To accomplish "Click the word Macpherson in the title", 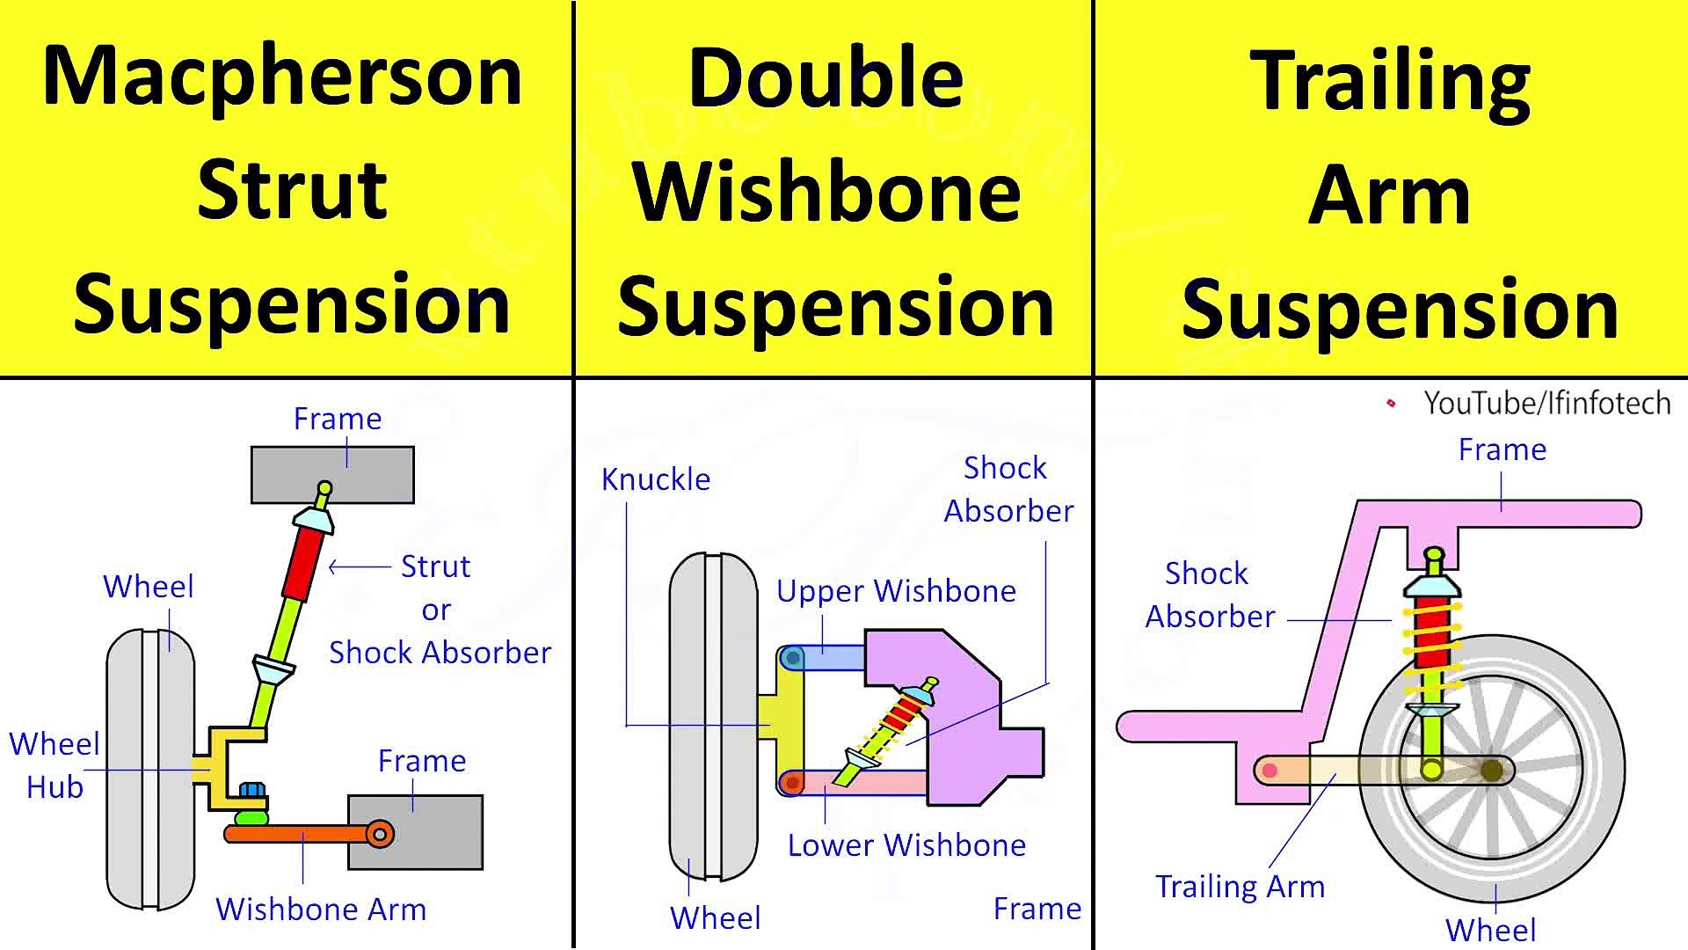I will pyautogui.click(x=282, y=77).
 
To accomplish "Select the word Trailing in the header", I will pyautogui.click(x=1390, y=81).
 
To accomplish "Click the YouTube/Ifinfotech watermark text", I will pyautogui.click(x=1546, y=403).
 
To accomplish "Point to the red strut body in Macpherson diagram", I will pyautogui.click(x=300, y=563).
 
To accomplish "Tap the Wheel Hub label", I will pyautogui.click(x=54, y=764).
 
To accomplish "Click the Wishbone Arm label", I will pyautogui.click(x=321, y=909).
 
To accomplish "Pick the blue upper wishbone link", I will pyautogui.click(x=830, y=658).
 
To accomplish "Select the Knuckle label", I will pyautogui.click(x=656, y=479).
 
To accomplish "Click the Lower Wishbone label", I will pyautogui.click(x=906, y=845).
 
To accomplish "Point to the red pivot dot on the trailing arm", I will pyautogui.click(x=1270, y=771).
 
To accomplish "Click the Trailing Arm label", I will pyautogui.click(x=1240, y=887).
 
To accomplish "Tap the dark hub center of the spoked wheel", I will pyautogui.click(x=1491, y=771).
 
